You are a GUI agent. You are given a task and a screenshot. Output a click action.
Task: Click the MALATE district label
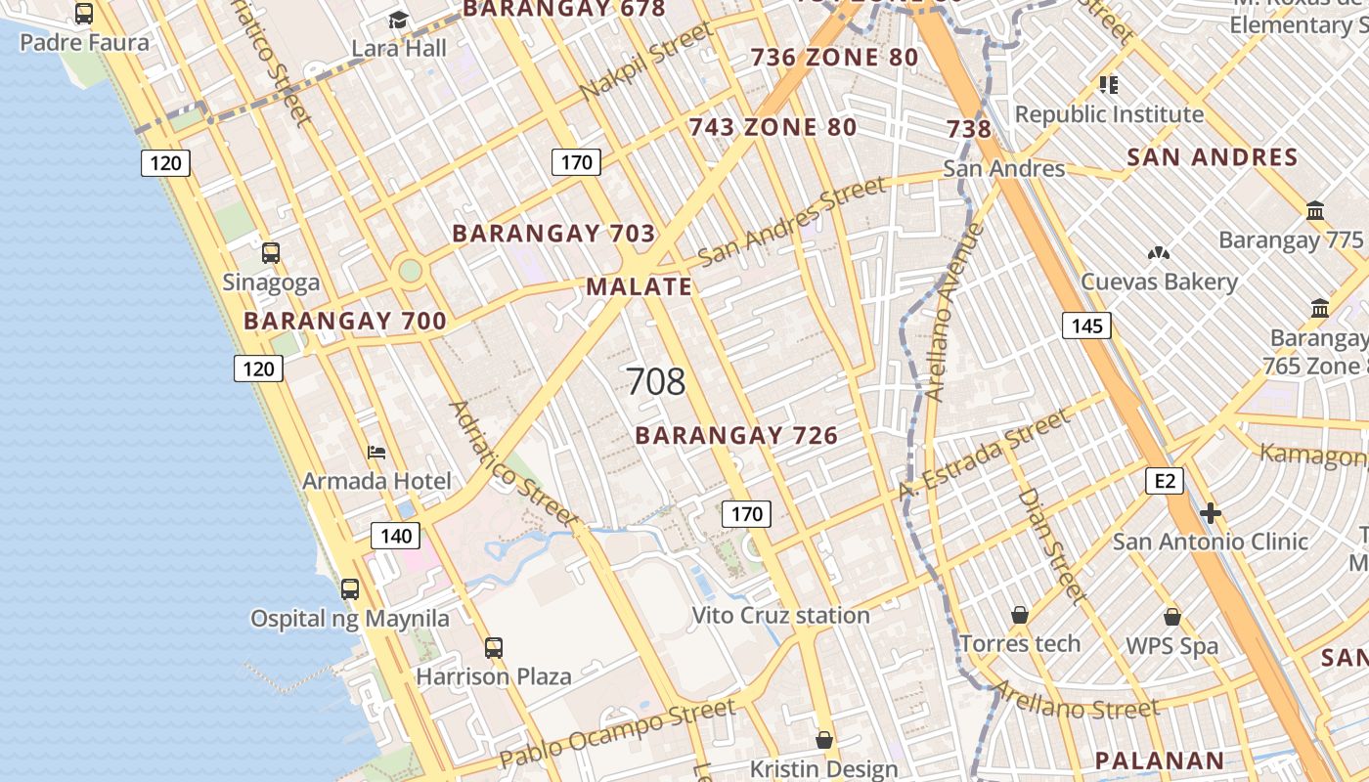(639, 286)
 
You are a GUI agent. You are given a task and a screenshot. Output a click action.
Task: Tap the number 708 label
(655, 381)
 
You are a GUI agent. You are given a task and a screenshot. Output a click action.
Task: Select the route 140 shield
(396, 536)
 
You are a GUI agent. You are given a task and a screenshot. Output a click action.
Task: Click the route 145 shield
(1086, 326)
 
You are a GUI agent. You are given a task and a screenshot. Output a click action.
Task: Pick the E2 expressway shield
(1165, 480)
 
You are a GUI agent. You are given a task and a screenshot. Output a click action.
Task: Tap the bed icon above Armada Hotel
(376, 452)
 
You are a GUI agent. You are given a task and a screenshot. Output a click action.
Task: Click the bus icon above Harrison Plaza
(494, 647)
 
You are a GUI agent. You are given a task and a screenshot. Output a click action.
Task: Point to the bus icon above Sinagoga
(271, 253)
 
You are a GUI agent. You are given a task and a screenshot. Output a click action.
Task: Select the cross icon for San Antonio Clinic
(1211, 513)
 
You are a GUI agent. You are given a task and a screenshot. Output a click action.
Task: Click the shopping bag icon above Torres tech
(1020, 615)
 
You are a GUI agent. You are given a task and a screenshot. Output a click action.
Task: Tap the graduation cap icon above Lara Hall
(398, 20)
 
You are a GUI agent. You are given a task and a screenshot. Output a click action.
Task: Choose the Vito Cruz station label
(780, 615)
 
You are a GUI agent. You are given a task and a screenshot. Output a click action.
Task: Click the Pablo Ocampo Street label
(617, 733)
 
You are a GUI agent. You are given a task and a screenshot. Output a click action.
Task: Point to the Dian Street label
(1052, 544)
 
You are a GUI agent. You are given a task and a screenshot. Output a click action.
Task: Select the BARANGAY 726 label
(736, 435)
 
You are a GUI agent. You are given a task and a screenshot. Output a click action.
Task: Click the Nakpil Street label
(646, 61)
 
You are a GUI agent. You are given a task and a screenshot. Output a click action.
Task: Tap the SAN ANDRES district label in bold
(1212, 157)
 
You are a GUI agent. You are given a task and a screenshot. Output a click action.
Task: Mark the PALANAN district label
(1159, 760)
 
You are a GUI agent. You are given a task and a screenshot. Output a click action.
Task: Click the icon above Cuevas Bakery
(1159, 253)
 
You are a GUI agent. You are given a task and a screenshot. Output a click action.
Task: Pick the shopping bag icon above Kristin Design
(824, 740)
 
